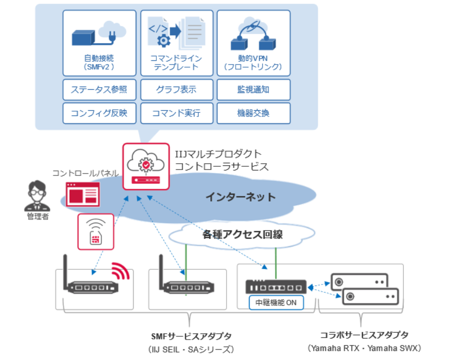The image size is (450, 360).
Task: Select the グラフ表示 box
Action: tap(176, 89)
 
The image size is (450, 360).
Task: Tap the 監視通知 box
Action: tap(253, 89)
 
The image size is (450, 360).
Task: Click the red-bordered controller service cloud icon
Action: tap(146, 166)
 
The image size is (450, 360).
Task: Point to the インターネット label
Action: tap(240, 197)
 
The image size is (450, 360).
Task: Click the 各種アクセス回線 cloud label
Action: tap(242, 235)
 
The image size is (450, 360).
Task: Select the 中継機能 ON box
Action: tap(276, 302)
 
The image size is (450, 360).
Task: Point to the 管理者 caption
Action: tap(38, 216)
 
